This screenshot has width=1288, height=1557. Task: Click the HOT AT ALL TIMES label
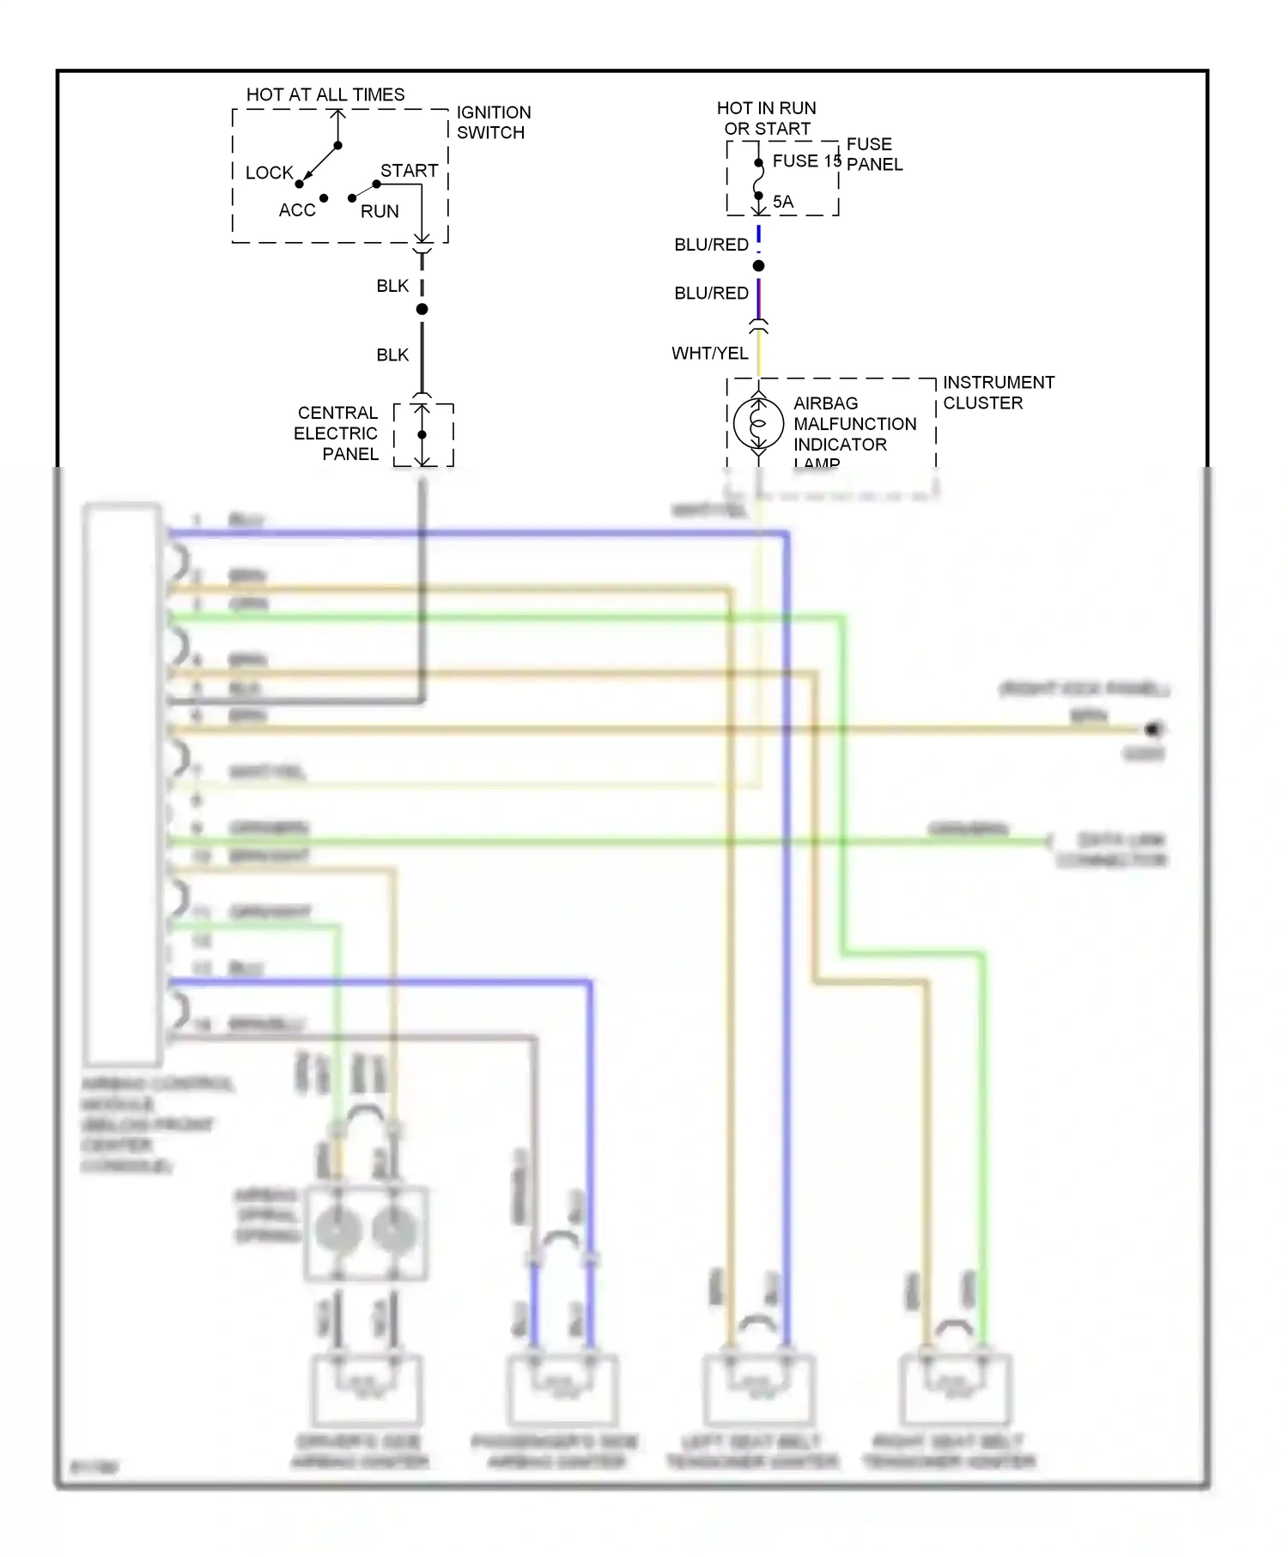pos(325,94)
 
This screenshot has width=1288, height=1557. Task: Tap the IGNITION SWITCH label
pos(493,123)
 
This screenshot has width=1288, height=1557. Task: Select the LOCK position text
pos(269,173)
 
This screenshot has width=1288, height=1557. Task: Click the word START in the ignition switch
pos(409,171)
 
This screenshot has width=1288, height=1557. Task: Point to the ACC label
pos(297,210)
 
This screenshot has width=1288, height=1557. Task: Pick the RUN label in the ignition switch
pos(380,211)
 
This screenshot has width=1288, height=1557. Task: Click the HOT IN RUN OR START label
pos(767,118)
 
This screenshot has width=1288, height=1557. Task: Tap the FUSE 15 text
pos(805,161)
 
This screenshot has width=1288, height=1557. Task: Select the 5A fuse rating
pos(783,202)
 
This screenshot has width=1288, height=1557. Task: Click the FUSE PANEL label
pos(874,154)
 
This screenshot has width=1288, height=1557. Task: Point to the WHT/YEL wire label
pos(709,354)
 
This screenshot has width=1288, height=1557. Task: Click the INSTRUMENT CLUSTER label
pos(998,392)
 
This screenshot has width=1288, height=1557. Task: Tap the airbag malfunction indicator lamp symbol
pos(758,422)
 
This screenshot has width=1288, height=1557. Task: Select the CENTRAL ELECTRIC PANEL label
pos(337,433)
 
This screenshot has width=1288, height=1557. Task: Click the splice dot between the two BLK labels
pos(422,309)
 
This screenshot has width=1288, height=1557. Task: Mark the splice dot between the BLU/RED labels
pos(758,266)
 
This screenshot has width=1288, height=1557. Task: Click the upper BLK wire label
pos(392,286)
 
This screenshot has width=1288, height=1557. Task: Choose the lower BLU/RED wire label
pos(711,294)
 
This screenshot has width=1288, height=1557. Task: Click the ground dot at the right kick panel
pos(1152,730)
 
